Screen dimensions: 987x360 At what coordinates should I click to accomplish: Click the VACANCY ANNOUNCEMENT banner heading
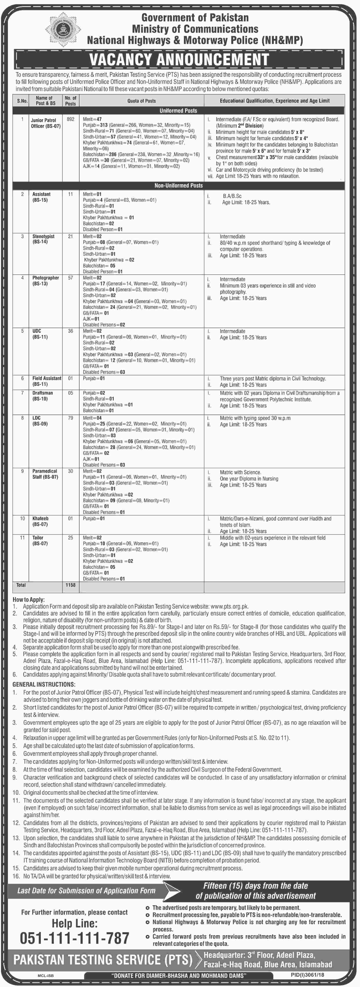(179, 60)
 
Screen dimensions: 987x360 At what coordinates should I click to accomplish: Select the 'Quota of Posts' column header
(141, 101)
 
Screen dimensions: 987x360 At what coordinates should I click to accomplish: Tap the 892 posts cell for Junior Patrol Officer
(70, 119)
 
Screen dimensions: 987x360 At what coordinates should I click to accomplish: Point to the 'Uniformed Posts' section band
(178, 111)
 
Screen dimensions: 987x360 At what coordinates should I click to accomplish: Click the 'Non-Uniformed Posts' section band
(178, 186)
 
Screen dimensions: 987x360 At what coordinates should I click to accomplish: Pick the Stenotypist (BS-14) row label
(43, 239)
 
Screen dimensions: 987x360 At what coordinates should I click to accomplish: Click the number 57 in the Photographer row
(70, 278)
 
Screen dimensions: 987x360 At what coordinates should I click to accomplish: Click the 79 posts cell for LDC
(70, 418)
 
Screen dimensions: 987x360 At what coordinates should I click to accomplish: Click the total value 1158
(70, 585)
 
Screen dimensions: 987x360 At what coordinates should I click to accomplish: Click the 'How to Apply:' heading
(29, 600)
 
